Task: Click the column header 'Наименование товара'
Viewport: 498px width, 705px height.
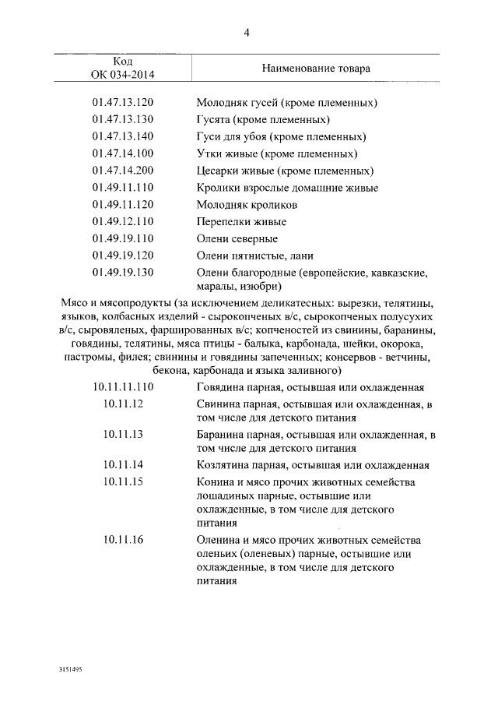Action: pos(316,69)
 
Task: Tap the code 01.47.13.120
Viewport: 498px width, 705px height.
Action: pos(123,102)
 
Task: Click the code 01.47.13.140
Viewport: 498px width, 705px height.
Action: pos(123,136)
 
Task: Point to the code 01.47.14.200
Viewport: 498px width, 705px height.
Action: pos(123,171)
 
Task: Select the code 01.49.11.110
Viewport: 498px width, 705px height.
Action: pos(123,188)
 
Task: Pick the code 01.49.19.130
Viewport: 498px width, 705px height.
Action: pos(123,272)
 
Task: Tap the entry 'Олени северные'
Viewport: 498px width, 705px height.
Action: pos(237,238)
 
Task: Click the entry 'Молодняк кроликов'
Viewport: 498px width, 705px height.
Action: pos(247,205)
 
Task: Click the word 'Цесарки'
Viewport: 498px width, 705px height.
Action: pos(218,171)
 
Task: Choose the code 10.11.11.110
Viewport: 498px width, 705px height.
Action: pos(123,387)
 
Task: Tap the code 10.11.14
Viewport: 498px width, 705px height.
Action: pos(123,465)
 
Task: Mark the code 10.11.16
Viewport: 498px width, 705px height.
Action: pos(123,541)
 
